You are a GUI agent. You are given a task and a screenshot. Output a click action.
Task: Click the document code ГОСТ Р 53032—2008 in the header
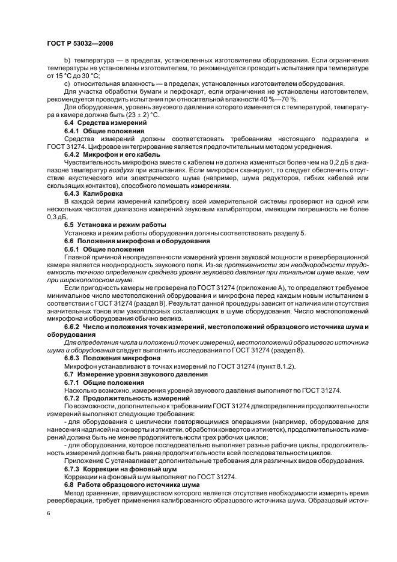click(79, 44)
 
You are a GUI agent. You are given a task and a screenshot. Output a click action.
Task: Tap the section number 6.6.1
click(71, 248)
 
